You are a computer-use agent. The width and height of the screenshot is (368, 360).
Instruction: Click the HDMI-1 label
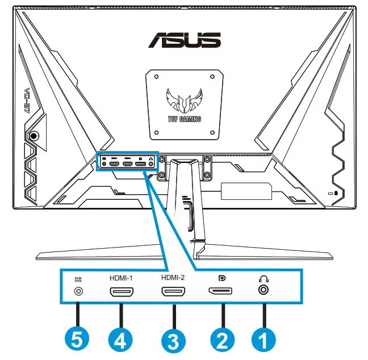tap(121, 279)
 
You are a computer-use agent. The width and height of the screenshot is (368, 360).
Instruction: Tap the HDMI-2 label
tap(173, 279)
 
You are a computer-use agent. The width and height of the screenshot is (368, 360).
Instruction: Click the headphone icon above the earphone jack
tap(263, 278)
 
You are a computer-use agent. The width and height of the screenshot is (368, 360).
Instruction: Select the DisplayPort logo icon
tap(222, 278)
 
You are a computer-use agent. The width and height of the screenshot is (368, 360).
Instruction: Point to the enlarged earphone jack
tap(263, 291)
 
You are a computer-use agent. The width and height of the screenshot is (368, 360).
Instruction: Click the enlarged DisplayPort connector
tap(222, 292)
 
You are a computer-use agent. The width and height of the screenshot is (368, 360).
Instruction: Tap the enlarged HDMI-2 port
tap(173, 292)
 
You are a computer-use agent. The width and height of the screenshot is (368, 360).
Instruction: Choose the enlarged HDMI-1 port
tap(121, 292)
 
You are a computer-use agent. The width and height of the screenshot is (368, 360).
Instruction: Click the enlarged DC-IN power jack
tap(79, 291)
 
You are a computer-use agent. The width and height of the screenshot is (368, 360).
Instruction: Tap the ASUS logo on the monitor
tap(184, 40)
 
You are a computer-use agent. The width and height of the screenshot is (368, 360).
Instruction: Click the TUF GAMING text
tap(184, 120)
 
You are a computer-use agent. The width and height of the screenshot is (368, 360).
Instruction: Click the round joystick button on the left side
tap(34, 136)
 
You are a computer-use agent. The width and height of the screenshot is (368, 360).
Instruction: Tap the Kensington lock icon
tap(338, 193)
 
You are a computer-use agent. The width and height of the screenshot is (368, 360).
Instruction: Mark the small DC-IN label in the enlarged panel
tap(79, 279)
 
